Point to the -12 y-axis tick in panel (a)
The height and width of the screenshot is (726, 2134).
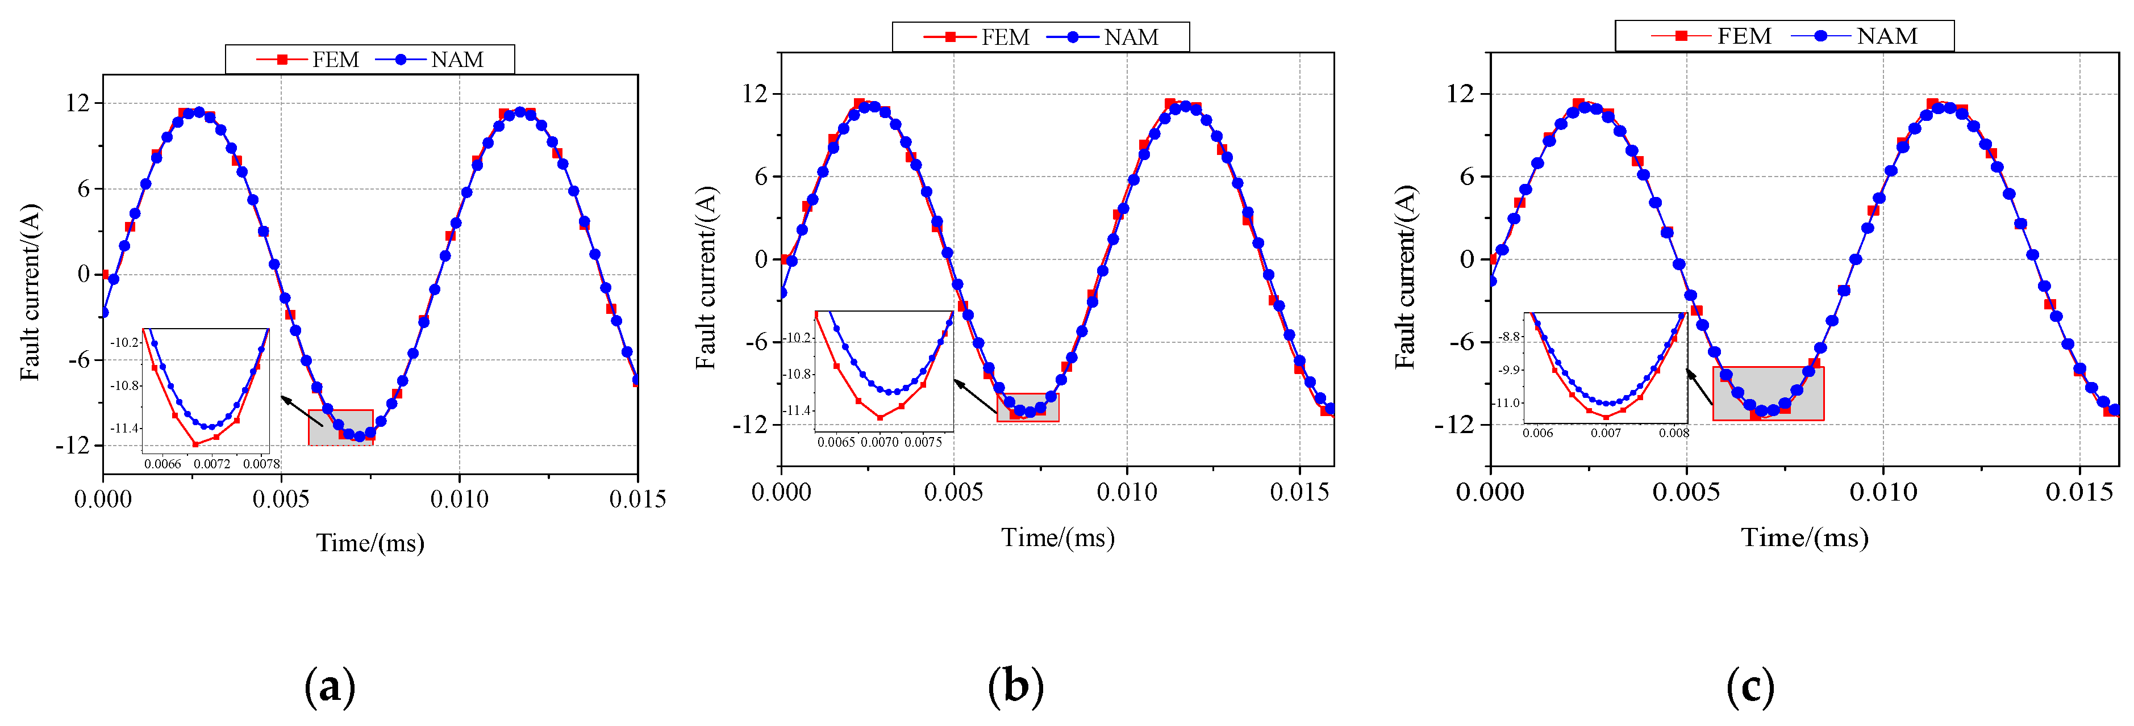point(72,446)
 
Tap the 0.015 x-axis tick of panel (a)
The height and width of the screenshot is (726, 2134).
point(636,498)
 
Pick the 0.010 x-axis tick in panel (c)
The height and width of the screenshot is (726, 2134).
point(1882,492)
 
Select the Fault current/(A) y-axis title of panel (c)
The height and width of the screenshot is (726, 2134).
point(1405,278)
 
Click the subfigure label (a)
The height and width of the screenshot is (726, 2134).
point(330,686)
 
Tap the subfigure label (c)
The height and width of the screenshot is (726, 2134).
point(1749,686)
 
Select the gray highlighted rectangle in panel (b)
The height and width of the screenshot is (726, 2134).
point(1027,408)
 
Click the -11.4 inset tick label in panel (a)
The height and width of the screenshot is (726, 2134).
point(125,429)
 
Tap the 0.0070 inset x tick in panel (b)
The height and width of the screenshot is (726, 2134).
point(879,442)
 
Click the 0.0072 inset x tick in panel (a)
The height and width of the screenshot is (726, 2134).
point(212,464)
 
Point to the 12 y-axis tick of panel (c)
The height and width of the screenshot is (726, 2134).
point(1461,94)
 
